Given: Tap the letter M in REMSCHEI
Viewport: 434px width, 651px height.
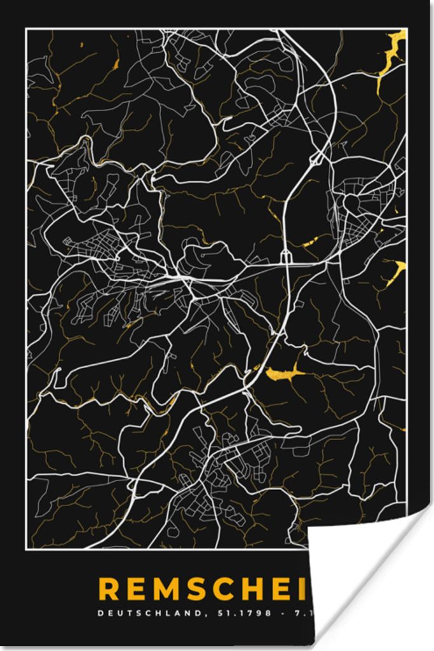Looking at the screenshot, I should (x=168, y=589).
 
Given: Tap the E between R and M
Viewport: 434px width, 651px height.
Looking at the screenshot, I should (x=139, y=589).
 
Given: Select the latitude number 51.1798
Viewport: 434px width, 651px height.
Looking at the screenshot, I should (x=245, y=614).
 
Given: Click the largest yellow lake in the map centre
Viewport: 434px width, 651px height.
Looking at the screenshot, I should (x=282, y=375).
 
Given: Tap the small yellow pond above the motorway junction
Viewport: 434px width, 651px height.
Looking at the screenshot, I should (x=311, y=242).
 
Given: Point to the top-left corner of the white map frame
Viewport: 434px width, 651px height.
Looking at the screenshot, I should (x=26, y=29).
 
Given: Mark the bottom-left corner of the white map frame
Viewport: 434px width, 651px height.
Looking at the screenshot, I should (x=26, y=548).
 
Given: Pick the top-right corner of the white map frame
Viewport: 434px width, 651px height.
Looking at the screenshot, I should (x=406, y=29).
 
